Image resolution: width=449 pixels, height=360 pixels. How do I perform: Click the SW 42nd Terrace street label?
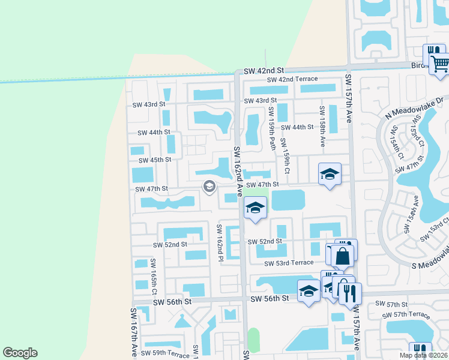[x=292, y=80]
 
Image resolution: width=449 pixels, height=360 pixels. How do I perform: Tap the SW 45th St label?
[x=155, y=160]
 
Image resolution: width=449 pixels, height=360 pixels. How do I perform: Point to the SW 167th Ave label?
[x=133, y=333]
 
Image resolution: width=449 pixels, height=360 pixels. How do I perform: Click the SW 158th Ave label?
[x=322, y=127]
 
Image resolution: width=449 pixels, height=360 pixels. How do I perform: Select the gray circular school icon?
[x=209, y=186]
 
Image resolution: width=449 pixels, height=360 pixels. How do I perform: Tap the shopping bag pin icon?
[x=342, y=256]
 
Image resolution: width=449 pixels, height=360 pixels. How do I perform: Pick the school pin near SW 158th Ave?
[x=330, y=175]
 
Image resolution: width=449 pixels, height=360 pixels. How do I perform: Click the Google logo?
[x=20, y=353]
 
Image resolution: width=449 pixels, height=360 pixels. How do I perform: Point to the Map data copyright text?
[x=423, y=355]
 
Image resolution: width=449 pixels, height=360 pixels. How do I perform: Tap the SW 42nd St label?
[x=263, y=71]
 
